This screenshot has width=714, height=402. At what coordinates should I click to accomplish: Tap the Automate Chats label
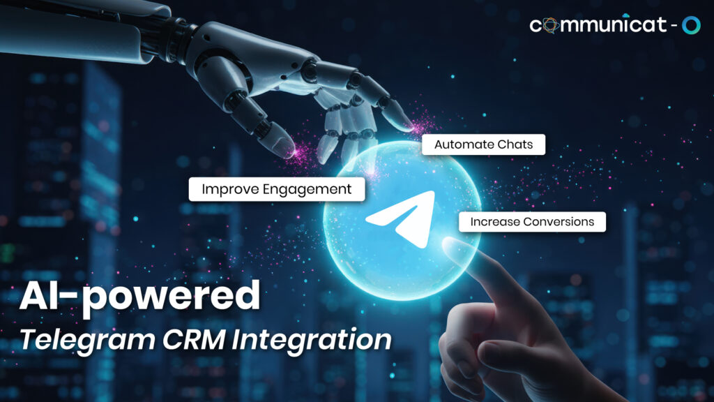coord(483,145)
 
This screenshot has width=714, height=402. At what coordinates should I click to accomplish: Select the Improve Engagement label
coord(277,189)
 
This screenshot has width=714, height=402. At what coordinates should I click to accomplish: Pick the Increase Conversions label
coord(532,222)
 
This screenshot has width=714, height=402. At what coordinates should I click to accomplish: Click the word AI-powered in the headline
coord(139,296)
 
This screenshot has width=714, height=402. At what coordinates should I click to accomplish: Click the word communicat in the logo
coord(598,26)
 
